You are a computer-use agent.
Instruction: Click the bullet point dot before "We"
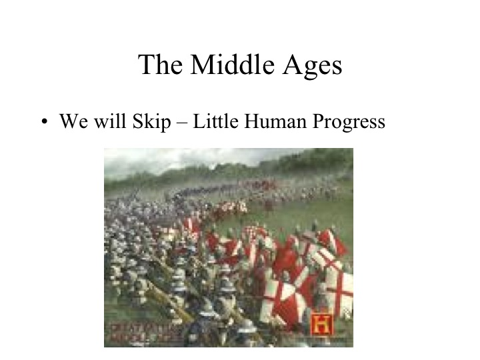coord(44,123)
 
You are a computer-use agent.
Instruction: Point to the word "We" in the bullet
coord(71,122)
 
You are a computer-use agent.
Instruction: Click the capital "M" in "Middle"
coord(202,65)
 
